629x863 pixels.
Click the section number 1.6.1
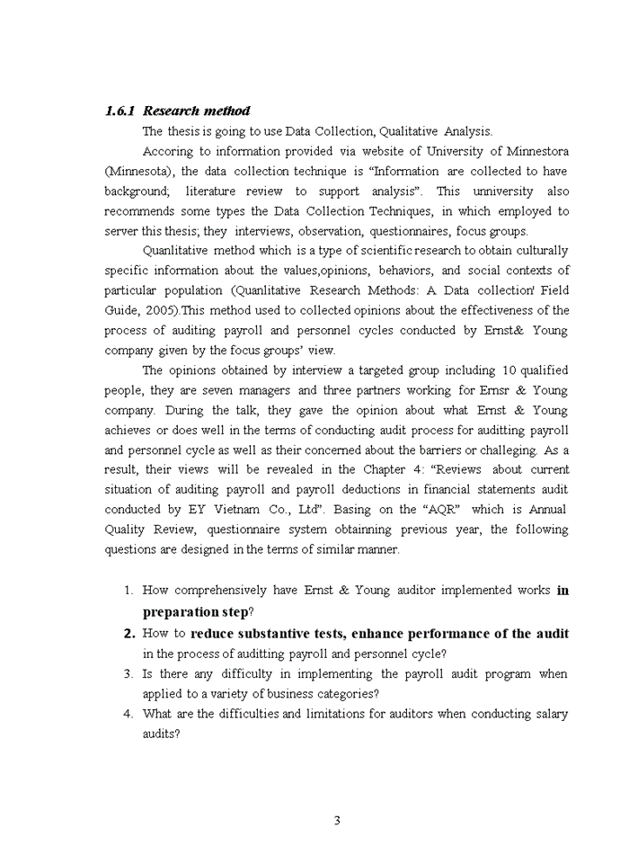120,111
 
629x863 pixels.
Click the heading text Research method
197,111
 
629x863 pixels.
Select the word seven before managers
272,390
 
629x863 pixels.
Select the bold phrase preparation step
189,612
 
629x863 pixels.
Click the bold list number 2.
128,634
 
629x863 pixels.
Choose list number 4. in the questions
128,714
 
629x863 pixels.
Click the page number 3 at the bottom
336,820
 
